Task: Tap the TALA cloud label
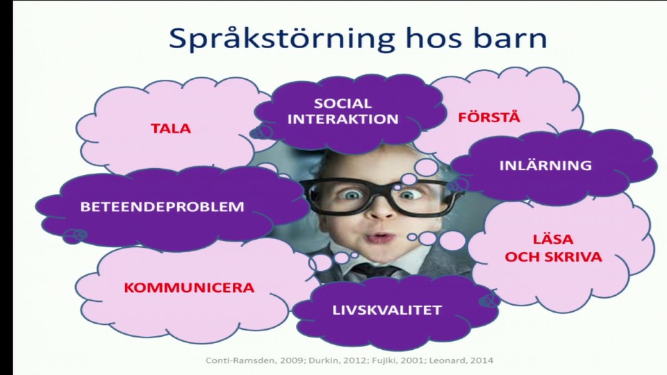tap(171, 128)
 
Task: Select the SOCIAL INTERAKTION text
tap(343, 111)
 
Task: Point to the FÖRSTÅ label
tap(488, 117)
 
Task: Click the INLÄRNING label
tap(545, 165)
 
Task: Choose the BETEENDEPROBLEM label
tap(162, 206)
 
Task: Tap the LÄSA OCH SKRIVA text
tap(553, 248)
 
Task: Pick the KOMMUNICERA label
tap(189, 287)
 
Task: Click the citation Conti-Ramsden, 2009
tap(240, 360)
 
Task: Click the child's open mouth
tap(379, 237)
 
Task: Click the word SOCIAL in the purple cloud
tap(343, 103)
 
